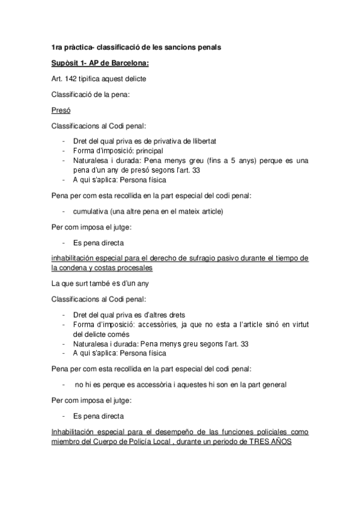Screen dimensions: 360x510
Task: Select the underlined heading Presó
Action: coord(61,111)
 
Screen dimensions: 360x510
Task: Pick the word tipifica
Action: coord(93,79)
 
